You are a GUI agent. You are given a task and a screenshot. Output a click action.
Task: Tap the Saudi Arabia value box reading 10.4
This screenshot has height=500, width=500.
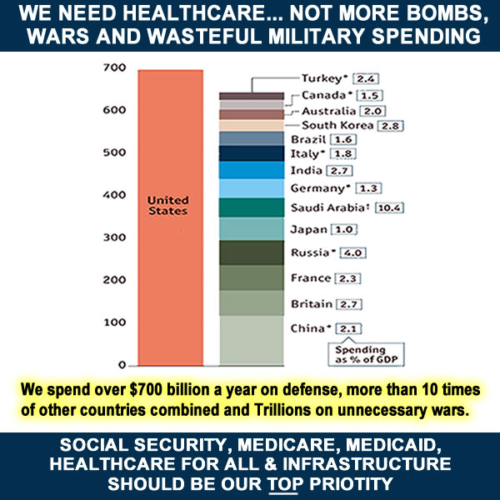tap(390, 207)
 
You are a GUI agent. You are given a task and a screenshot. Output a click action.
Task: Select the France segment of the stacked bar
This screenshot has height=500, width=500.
tap(251, 277)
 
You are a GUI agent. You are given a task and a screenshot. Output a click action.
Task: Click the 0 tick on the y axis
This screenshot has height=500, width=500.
tap(121, 365)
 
